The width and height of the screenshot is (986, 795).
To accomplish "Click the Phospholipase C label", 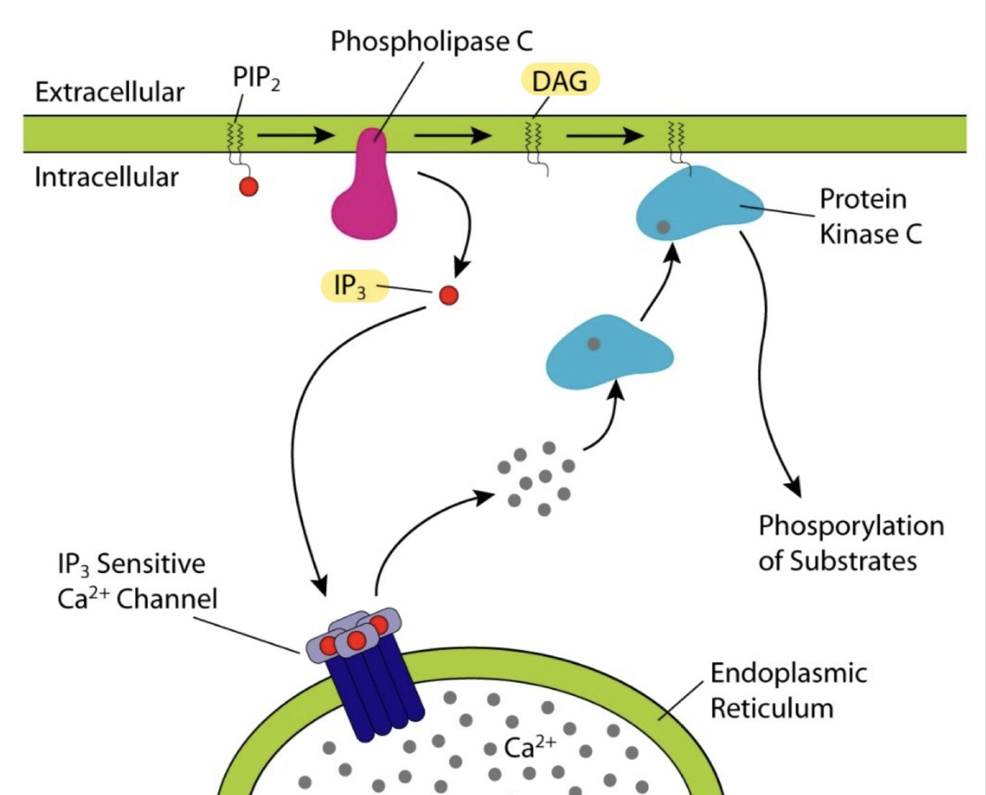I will pos(431,41).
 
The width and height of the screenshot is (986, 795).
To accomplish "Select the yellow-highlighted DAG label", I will pos(560,81).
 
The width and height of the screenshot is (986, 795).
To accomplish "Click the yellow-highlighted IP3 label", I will pos(352,286).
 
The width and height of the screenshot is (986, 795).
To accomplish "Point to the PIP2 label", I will pos(256,78).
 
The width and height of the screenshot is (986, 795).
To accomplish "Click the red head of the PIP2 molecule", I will pos(249,186).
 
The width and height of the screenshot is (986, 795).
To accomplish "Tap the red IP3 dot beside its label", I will pos(448,295).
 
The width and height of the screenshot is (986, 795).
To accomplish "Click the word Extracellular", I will pos(110,92).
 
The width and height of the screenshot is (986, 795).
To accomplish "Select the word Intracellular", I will pos(106,177).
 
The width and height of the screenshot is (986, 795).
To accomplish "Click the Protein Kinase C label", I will pos(870,217).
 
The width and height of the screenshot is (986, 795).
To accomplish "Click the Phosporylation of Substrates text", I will pos(850,543).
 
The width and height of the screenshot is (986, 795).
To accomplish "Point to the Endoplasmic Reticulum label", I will pos(788,690).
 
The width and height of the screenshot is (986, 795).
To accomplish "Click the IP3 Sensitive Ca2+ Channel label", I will pos(137,581).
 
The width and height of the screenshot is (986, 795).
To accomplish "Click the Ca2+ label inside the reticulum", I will pos(530,747).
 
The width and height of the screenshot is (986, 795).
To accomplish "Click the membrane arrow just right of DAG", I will pos(604,135).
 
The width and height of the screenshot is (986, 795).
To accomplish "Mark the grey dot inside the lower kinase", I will pos(594,343).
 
